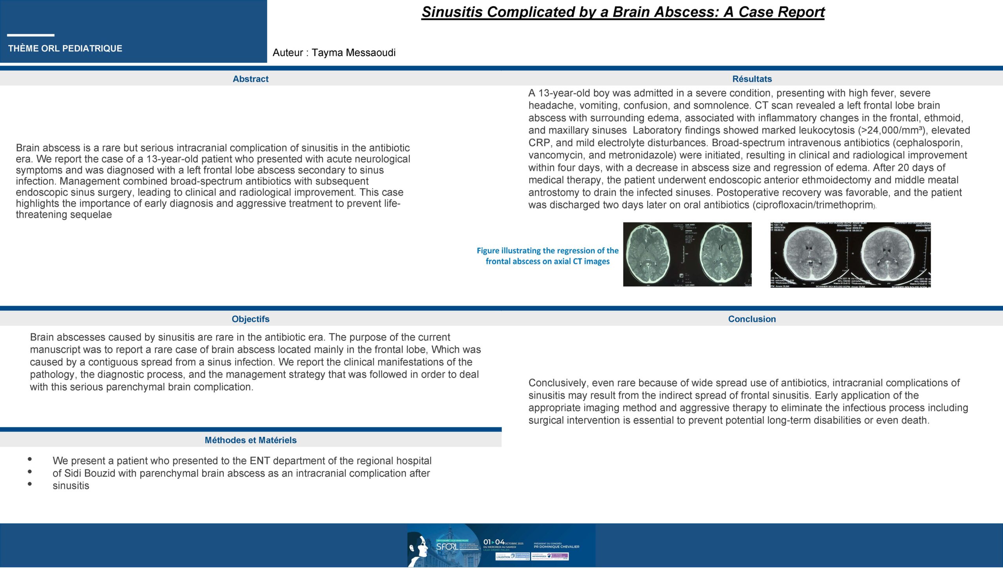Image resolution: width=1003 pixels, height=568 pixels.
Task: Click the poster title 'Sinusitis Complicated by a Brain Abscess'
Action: pos(623,12)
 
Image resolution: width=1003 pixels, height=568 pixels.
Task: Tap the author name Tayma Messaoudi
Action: pos(353,52)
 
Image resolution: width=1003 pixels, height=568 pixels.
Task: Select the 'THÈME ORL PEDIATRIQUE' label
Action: pos(65,49)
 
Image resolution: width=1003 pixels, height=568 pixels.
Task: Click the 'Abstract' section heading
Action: pos(250,79)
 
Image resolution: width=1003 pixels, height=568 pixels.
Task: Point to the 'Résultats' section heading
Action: pos(752,79)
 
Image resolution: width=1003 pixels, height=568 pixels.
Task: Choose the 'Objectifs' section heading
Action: pos(250,319)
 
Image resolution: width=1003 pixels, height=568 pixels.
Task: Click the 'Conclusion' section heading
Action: pos(752,319)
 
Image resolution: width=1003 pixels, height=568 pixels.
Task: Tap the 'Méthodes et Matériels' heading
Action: pos(250,440)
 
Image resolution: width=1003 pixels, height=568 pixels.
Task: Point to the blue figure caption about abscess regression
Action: pos(547,256)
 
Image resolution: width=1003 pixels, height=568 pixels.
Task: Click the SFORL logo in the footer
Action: pos(447,546)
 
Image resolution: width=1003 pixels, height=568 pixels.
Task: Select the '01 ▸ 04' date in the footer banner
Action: pos(494,542)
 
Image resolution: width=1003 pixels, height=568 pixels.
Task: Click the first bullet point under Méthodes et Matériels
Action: pos(30,459)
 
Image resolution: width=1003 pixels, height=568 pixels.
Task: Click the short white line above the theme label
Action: pos(31,35)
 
